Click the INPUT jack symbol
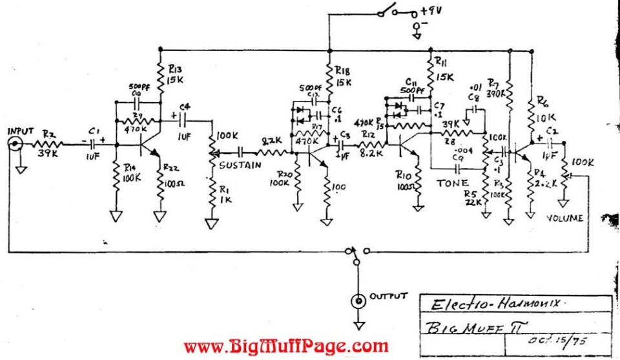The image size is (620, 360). click(x=15, y=145)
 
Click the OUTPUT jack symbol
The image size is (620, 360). click(x=356, y=300)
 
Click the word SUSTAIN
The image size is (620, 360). click(x=240, y=165)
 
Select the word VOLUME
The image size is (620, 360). click(x=565, y=218)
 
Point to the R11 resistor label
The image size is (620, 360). click(x=442, y=63)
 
